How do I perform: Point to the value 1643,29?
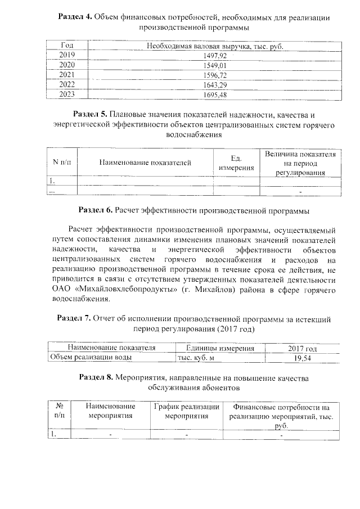(x=214, y=85)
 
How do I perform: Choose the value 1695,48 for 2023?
(x=214, y=94)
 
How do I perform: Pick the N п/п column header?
(x=62, y=163)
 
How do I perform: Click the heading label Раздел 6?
(x=96, y=210)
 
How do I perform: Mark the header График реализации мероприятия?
(x=187, y=412)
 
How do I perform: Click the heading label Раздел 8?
(x=96, y=378)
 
